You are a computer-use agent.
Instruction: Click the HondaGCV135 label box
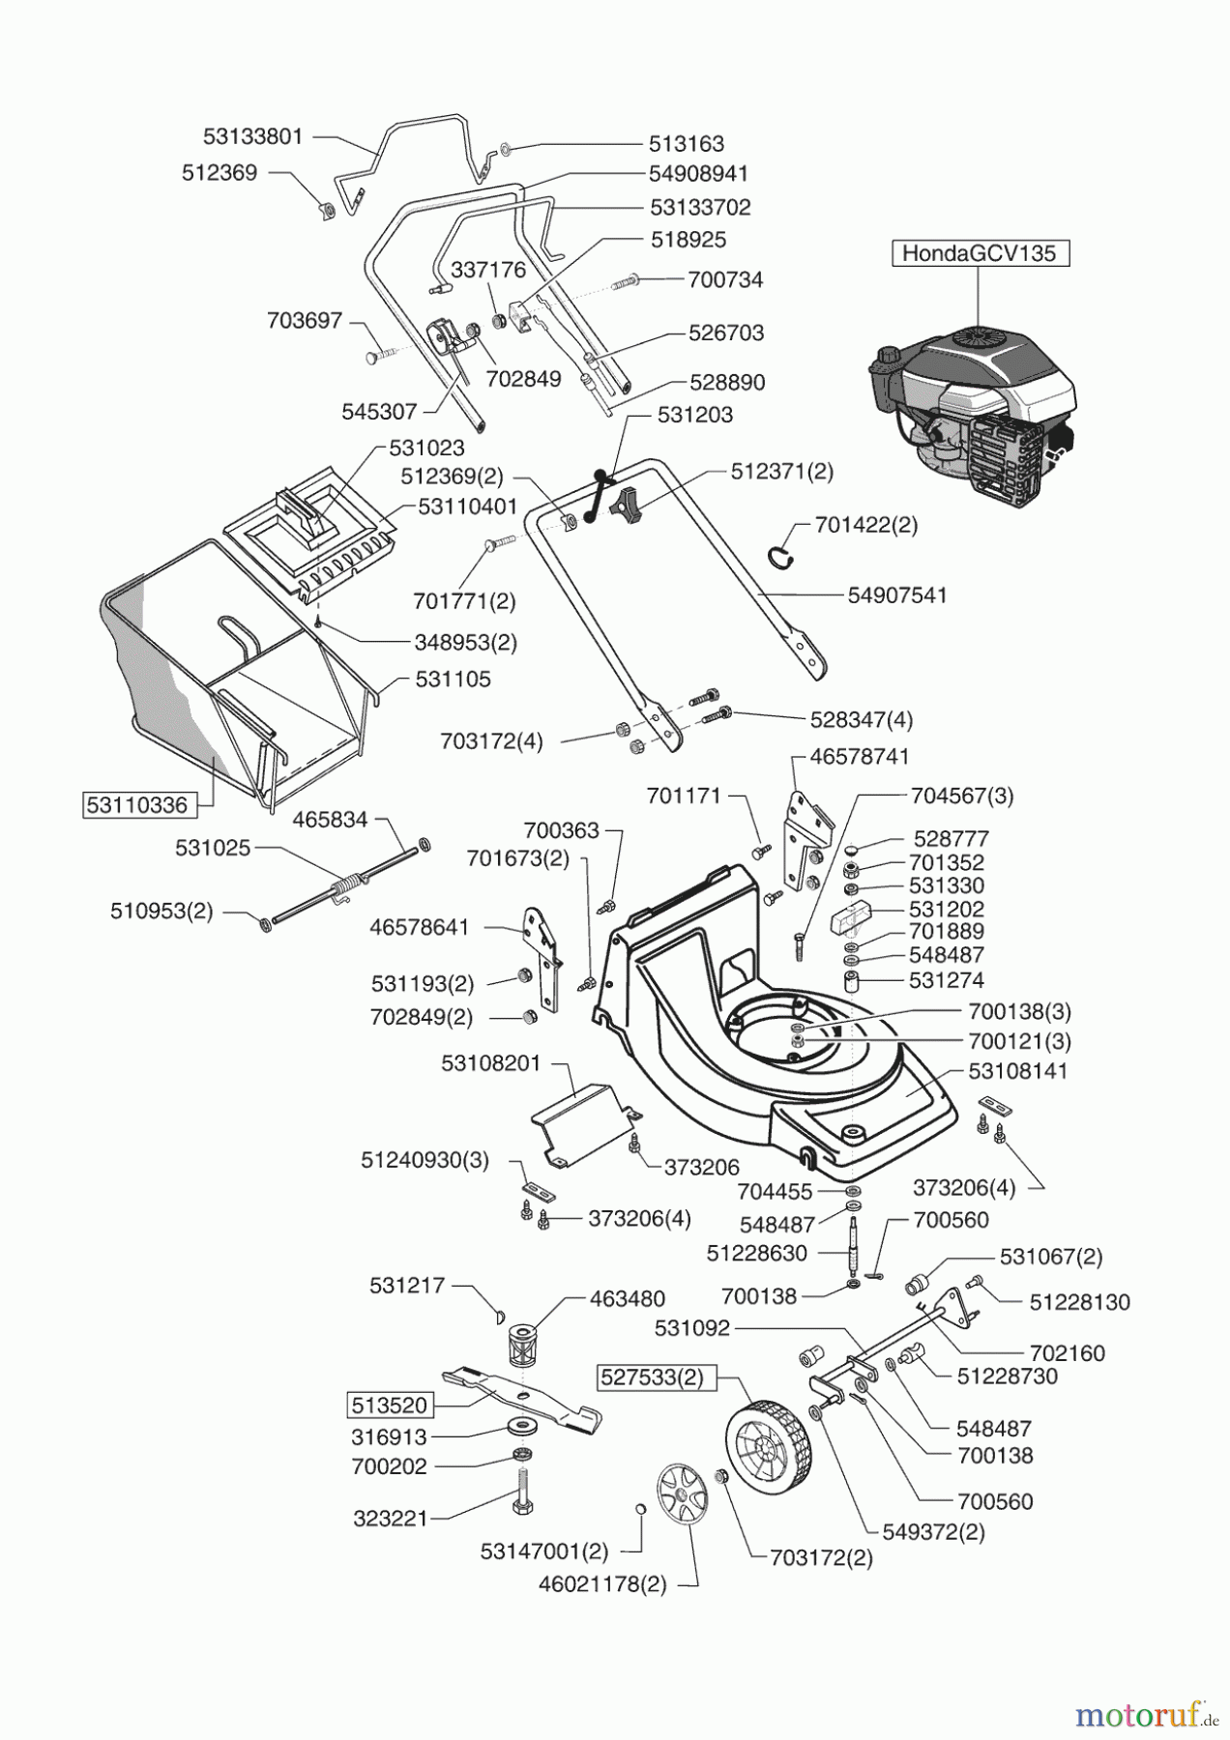(980, 254)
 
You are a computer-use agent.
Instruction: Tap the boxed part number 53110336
(136, 804)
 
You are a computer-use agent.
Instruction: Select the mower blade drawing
(522, 1393)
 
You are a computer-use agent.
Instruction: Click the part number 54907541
(896, 595)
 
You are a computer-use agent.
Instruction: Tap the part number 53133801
(253, 137)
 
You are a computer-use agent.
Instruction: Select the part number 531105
(453, 679)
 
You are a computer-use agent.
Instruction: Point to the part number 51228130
(1079, 1302)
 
